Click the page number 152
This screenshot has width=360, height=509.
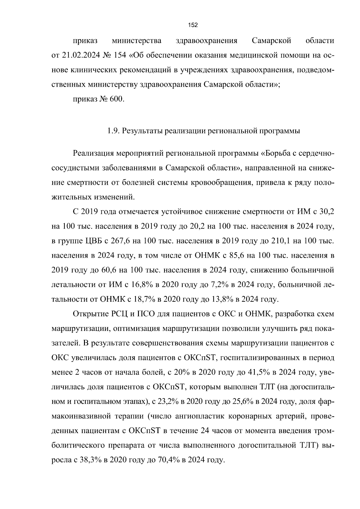(193, 25)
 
